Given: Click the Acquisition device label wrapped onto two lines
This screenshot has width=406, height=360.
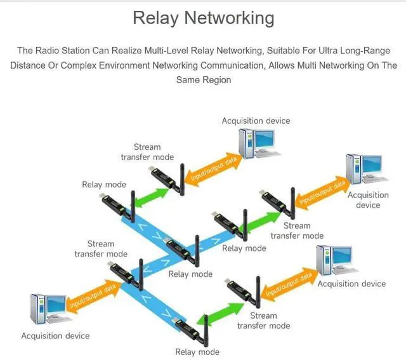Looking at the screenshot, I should click(368, 200).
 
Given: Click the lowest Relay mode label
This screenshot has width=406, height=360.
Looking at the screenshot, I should click(197, 352).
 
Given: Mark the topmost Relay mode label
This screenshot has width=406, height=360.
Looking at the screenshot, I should click(104, 185).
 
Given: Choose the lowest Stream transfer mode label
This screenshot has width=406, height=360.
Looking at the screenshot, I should click(263, 321).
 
